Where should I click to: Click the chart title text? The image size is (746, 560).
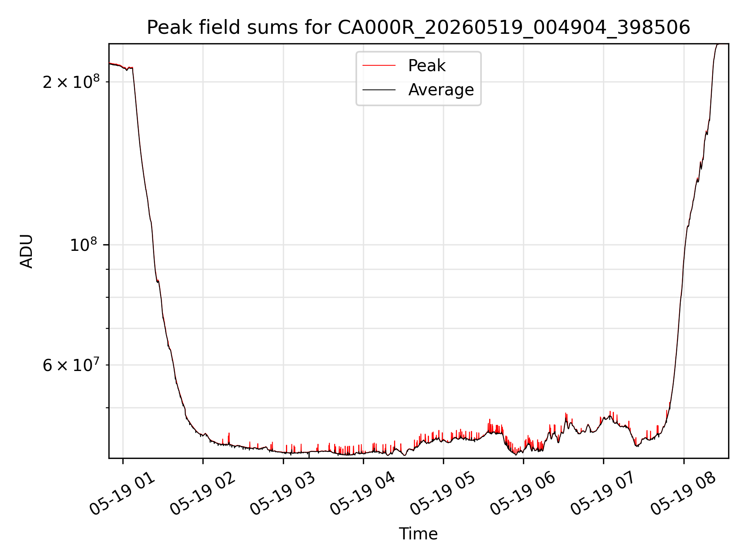[418, 28]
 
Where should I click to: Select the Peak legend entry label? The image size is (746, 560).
[427, 66]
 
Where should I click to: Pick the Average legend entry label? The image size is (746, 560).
[441, 90]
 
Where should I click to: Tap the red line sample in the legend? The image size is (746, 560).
[379, 66]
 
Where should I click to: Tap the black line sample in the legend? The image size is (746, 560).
[379, 90]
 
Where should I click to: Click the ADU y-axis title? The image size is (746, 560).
[26, 251]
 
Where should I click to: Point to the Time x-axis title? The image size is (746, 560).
[418, 534]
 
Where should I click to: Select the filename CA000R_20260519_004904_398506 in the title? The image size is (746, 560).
[514, 28]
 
